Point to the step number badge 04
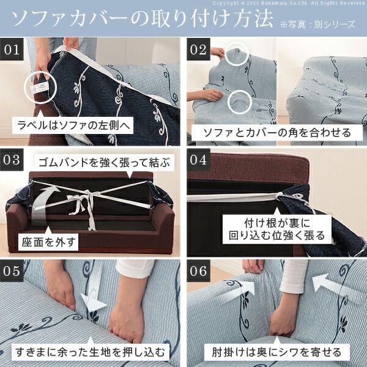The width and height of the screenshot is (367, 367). (198, 160)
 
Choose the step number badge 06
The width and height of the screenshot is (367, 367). (198, 270)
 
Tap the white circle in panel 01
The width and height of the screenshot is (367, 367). (40, 88)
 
